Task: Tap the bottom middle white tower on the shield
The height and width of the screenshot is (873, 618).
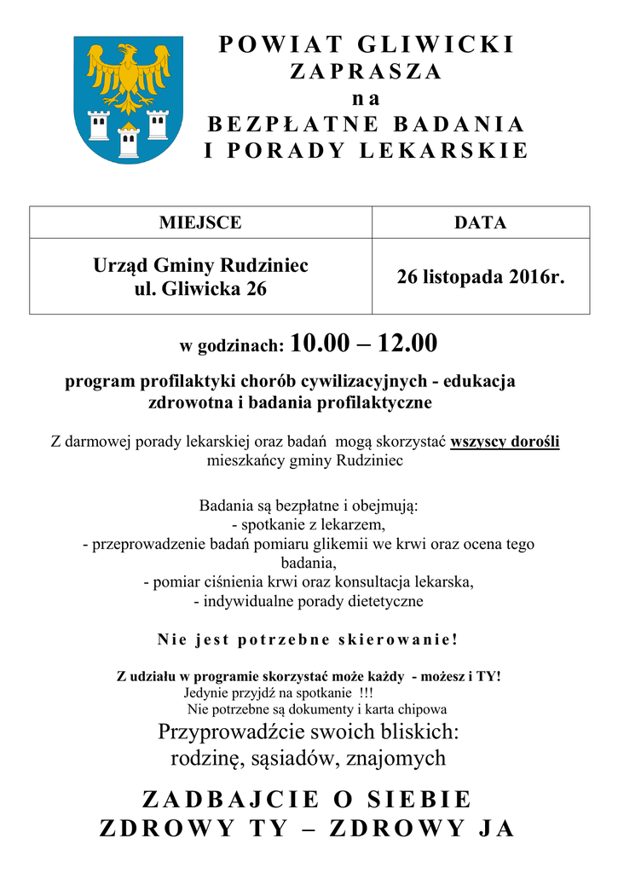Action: [129, 141]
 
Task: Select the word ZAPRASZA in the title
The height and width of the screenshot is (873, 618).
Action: [367, 72]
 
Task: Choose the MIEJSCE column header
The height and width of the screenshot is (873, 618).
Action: [200, 223]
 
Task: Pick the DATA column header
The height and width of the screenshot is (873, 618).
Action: [481, 223]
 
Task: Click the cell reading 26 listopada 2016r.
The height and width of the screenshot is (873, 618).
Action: [481, 277]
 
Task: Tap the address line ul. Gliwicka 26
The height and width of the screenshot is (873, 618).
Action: [200, 289]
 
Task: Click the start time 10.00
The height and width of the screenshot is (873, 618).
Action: [320, 344]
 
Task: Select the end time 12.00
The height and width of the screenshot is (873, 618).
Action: [407, 344]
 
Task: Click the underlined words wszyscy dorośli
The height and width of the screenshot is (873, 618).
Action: [505, 442]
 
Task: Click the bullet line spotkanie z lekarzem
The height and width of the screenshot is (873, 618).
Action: [309, 524]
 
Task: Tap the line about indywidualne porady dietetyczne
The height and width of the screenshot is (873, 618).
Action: [309, 601]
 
